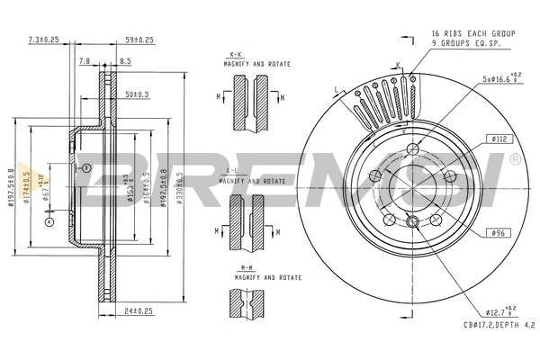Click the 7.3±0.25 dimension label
click(x=43, y=40)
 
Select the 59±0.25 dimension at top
click(x=139, y=40)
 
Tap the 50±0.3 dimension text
click(x=137, y=94)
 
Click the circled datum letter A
click(x=49, y=221)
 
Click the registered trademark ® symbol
click(x=514, y=158)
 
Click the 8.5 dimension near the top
click(x=125, y=61)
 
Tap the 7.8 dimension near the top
click(x=84, y=61)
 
